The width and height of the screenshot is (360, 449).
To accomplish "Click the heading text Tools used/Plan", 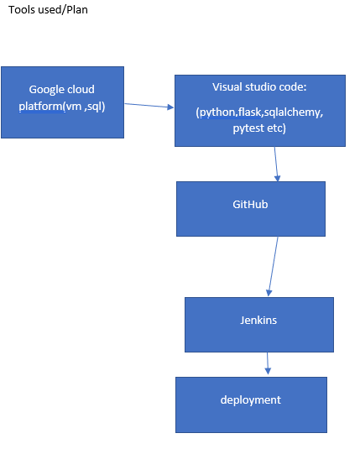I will [48, 10].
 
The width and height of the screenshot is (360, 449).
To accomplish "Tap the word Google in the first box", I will [47, 89].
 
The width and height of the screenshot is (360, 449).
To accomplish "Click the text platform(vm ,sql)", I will [62, 106].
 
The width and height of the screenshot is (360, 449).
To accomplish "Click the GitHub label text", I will [250, 204].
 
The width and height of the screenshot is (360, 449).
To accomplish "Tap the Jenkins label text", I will [258, 320].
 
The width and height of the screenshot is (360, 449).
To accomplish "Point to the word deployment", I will [250, 399].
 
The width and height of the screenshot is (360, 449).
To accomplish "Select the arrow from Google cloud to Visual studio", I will [149, 106].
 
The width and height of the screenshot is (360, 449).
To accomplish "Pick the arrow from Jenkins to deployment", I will [268, 363].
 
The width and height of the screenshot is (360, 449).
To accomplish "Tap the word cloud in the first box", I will [81, 89].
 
